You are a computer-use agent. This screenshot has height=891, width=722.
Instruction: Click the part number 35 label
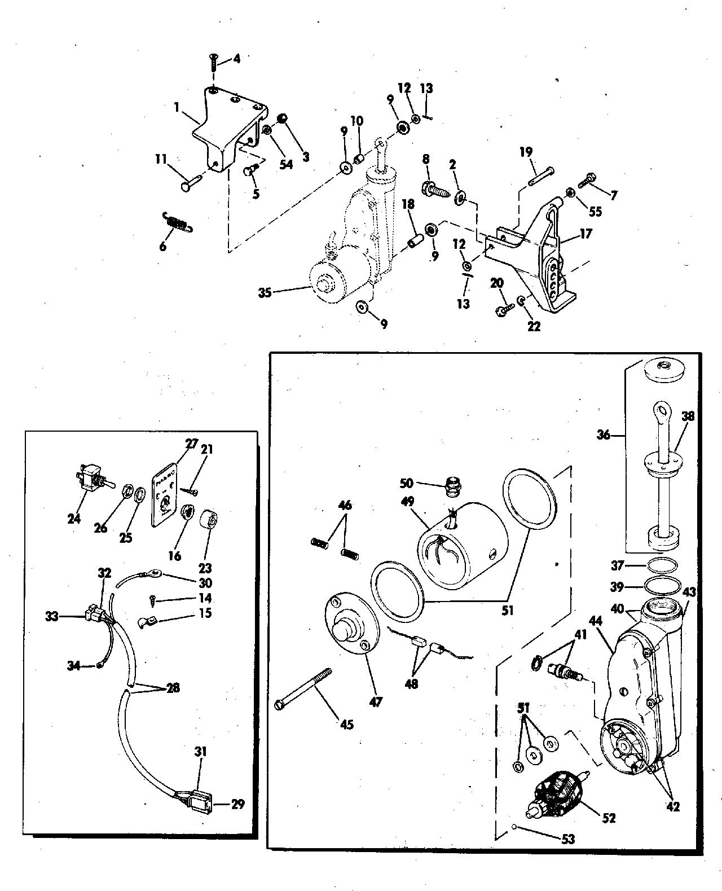264,293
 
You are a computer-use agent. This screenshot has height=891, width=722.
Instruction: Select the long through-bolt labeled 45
303,686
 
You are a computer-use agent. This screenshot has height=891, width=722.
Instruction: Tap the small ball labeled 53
515,827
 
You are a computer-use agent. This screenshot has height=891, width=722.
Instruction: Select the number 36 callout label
604,436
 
